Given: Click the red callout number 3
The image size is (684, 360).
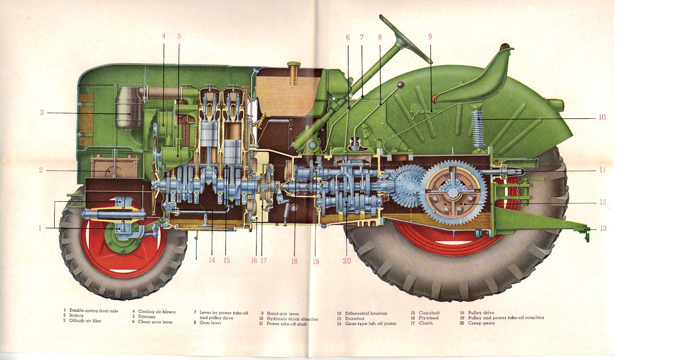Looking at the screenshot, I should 42,113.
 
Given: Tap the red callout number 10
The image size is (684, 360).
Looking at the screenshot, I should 602,117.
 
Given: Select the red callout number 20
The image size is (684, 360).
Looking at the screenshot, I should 347,261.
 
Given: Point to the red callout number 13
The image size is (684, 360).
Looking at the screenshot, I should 603,228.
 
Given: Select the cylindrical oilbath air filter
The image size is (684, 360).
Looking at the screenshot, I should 129,108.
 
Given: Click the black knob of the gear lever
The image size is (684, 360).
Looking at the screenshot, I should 401,86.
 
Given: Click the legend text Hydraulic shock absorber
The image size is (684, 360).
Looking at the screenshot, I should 292,319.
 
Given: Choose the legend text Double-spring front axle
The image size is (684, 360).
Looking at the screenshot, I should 94,311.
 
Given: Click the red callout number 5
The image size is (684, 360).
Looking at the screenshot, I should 179,36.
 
